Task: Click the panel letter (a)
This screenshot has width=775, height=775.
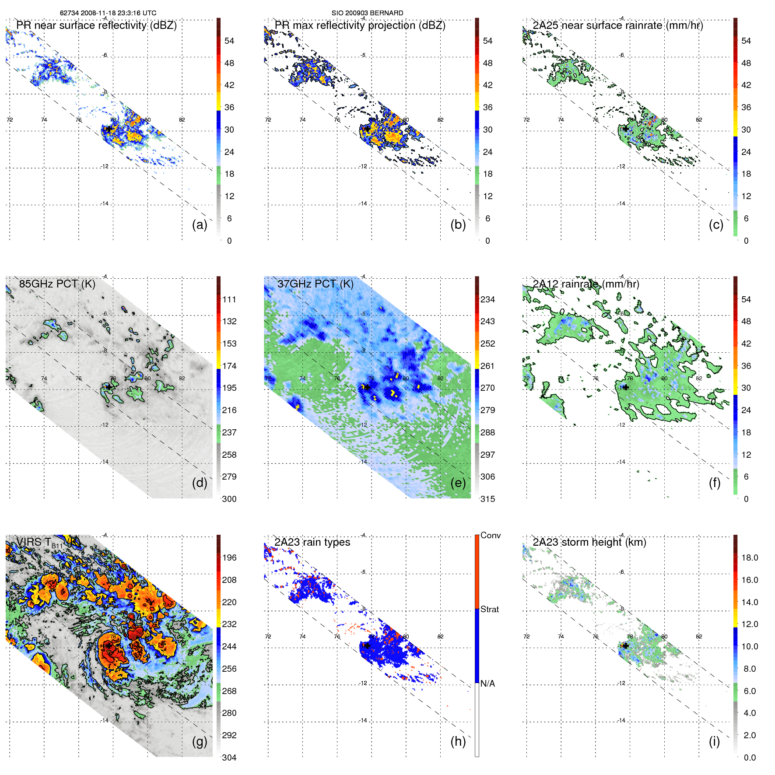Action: pyautogui.click(x=200, y=224)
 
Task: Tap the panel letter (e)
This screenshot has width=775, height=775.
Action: pyautogui.click(x=458, y=483)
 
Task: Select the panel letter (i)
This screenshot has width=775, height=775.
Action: pyautogui.click(x=714, y=741)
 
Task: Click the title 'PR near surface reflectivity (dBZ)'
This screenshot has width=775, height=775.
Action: pyautogui.click(x=96, y=25)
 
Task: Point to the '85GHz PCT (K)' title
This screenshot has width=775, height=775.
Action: pyautogui.click(x=57, y=284)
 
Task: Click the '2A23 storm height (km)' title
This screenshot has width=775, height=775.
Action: pyautogui.click(x=589, y=542)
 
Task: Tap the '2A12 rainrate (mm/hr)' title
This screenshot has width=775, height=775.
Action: pyautogui.click(x=586, y=284)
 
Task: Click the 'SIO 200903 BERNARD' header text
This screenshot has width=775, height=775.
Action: pyautogui.click(x=367, y=13)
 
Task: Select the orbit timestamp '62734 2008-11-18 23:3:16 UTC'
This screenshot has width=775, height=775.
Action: pyautogui.click(x=108, y=13)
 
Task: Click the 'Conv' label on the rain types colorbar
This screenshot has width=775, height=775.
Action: pyautogui.click(x=490, y=535)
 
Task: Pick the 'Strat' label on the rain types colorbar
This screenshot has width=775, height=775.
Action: pyautogui.click(x=489, y=609)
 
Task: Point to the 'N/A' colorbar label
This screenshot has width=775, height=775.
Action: pyautogui.click(x=487, y=684)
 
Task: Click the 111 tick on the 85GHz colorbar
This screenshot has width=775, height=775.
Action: pyautogui.click(x=229, y=299)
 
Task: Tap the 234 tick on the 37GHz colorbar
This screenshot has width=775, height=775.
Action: pyautogui.click(x=487, y=299)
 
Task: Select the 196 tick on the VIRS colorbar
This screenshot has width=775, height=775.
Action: pyautogui.click(x=229, y=558)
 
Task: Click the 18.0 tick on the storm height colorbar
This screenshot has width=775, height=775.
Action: pyautogui.click(x=749, y=558)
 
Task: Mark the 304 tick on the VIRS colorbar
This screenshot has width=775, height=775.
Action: pyautogui.click(x=229, y=757)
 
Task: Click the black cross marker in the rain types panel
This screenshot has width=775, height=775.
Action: pyautogui.click(x=367, y=645)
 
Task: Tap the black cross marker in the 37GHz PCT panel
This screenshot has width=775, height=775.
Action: pyautogui.click(x=367, y=387)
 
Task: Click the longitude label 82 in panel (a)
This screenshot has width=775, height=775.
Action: pyautogui.click(x=182, y=120)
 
